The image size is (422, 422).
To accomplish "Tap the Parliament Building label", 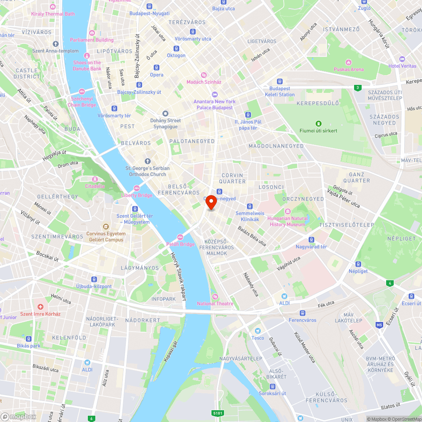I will pyautogui.click(x=92, y=40).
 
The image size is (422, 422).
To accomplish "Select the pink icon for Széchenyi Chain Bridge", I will pyautogui.click(x=81, y=92).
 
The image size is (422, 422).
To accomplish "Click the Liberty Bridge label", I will pyautogui.click(x=137, y=195).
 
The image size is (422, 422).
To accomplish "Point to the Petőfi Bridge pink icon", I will pyautogui.click(x=180, y=237).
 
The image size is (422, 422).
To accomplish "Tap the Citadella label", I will pyautogui.click(x=95, y=186).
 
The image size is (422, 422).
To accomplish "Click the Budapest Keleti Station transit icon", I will pyautogui.click(x=280, y=81).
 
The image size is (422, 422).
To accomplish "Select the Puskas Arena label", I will pyautogui.click(x=349, y=69).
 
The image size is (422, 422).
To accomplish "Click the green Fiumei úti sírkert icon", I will pyautogui.click(x=318, y=124).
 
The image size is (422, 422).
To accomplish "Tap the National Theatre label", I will pyautogui.click(x=215, y=303).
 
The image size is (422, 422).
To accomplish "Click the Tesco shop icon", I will pyautogui.click(x=257, y=331).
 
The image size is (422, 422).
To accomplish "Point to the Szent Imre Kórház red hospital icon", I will pyautogui.click(x=41, y=307).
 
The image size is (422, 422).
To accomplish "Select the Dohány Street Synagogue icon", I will pyautogui.click(x=165, y=114).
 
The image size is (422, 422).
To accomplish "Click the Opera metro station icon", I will pyautogui.click(x=157, y=68).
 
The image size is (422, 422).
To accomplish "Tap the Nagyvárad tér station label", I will pyautogui.click(x=311, y=247).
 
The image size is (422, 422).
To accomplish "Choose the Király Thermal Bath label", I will pyautogui.click(x=53, y=14).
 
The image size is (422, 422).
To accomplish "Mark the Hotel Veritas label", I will pyautogui.click(x=402, y=66).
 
